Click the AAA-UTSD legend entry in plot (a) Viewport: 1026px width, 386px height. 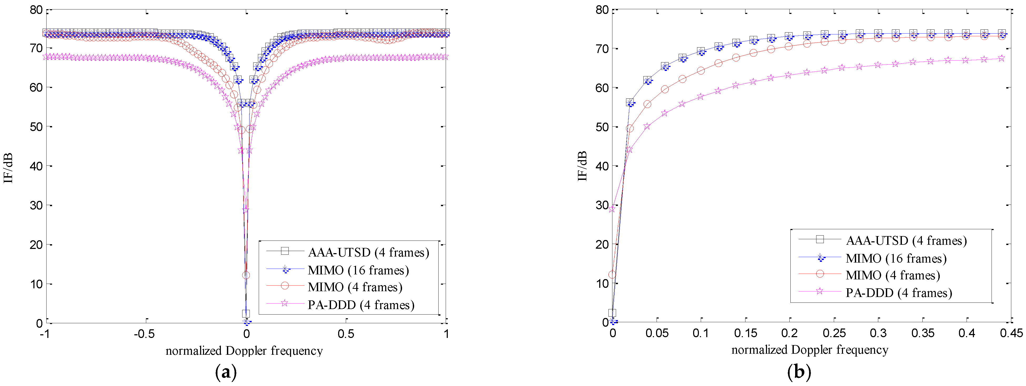coord(368,252)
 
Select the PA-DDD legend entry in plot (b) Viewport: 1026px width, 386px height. coord(898,293)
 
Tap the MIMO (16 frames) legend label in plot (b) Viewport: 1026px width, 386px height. coord(896,259)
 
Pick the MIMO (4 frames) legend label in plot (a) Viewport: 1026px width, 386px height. coord(354,287)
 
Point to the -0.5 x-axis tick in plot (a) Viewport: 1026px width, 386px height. coord(144,334)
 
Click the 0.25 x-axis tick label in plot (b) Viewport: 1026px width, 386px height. coord(834,333)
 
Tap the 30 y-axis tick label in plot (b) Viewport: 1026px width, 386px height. coord(602,205)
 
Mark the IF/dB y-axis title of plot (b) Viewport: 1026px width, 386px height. coord(582,166)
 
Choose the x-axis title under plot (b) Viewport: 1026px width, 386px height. coord(810,350)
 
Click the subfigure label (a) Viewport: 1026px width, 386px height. coord(226,372)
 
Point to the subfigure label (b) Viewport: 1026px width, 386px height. coord(799,372)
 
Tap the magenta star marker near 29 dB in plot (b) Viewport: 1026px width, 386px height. coord(612,209)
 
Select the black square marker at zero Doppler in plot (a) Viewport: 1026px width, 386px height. coord(246,314)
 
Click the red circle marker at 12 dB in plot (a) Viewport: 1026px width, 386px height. coord(246,275)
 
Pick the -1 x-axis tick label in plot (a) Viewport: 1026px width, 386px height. coord(45,334)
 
